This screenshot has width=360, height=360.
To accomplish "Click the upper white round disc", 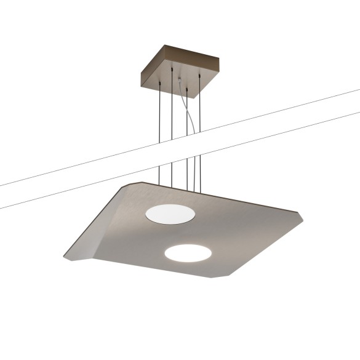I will click(170, 214).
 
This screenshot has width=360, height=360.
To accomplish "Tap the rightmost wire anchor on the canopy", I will click(199, 75).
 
